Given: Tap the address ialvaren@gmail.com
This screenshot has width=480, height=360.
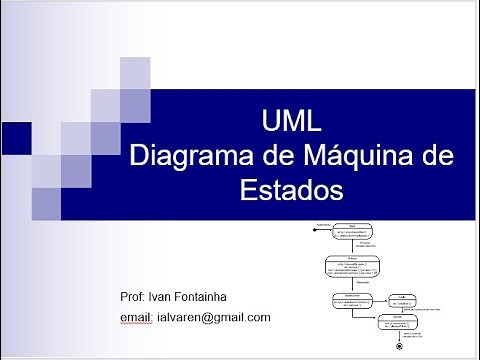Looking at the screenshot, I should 214,317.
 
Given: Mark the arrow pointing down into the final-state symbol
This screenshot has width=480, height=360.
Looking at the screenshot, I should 399,335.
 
